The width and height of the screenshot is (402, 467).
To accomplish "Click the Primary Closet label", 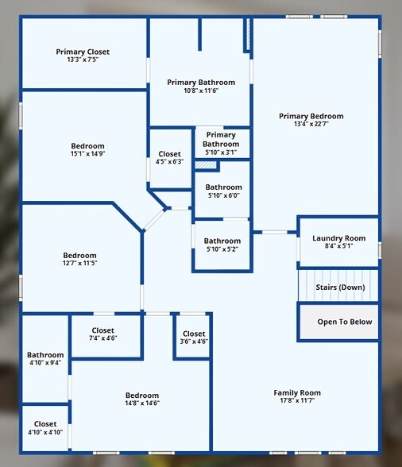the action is tap(83, 52).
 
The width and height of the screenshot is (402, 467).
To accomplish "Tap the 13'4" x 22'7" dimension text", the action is tap(311, 124).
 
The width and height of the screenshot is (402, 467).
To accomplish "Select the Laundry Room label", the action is tap(338, 238).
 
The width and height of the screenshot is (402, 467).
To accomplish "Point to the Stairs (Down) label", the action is tap(340, 288).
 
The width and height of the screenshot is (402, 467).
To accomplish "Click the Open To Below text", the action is tap(345, 322).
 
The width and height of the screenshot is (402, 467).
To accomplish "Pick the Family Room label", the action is tap(297, 393).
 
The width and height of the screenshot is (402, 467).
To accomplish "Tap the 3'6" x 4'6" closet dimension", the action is tap(194, 342).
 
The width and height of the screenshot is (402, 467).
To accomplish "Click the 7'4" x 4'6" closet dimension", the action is tap(102, 338).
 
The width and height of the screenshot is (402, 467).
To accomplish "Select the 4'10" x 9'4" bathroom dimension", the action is tap(45, 362).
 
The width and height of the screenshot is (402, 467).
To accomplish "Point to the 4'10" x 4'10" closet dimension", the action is tap(45, 432).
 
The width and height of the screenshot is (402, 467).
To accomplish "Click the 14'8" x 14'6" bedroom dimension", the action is tap(142, 403).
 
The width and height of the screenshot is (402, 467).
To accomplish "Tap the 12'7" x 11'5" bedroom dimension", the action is tap(80, 263).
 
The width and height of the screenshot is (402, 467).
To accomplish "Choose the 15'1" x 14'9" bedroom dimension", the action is tap(87, 154).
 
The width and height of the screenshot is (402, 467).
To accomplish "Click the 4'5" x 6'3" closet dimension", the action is tap(169, 162).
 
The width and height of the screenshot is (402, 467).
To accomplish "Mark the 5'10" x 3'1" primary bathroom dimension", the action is tap(221, 152).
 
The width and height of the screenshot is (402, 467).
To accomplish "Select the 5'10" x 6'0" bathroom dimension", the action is tap(223, 195).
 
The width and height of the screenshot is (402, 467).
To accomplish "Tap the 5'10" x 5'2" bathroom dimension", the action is tap(222, 249).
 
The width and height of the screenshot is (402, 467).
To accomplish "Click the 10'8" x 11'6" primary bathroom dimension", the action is tap(201, 91).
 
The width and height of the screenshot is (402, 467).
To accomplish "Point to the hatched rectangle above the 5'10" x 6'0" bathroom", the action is tap(206, 165).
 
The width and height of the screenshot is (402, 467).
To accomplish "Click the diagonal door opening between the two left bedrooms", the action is tap(154, 220).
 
